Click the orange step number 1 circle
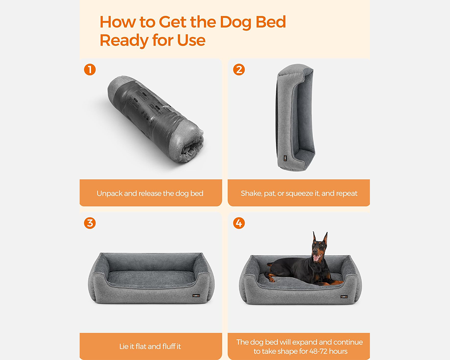click(x=90, y=70)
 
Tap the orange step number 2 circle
click(x=239, y=70)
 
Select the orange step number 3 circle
click(x=90, y=223)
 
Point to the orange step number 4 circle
click(x=239, y=223)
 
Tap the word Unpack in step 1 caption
click(x=109, y=193)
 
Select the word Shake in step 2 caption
click(x=251, y=193)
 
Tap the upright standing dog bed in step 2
click(x=295, y=117)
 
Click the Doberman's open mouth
click(x=318, y=257)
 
